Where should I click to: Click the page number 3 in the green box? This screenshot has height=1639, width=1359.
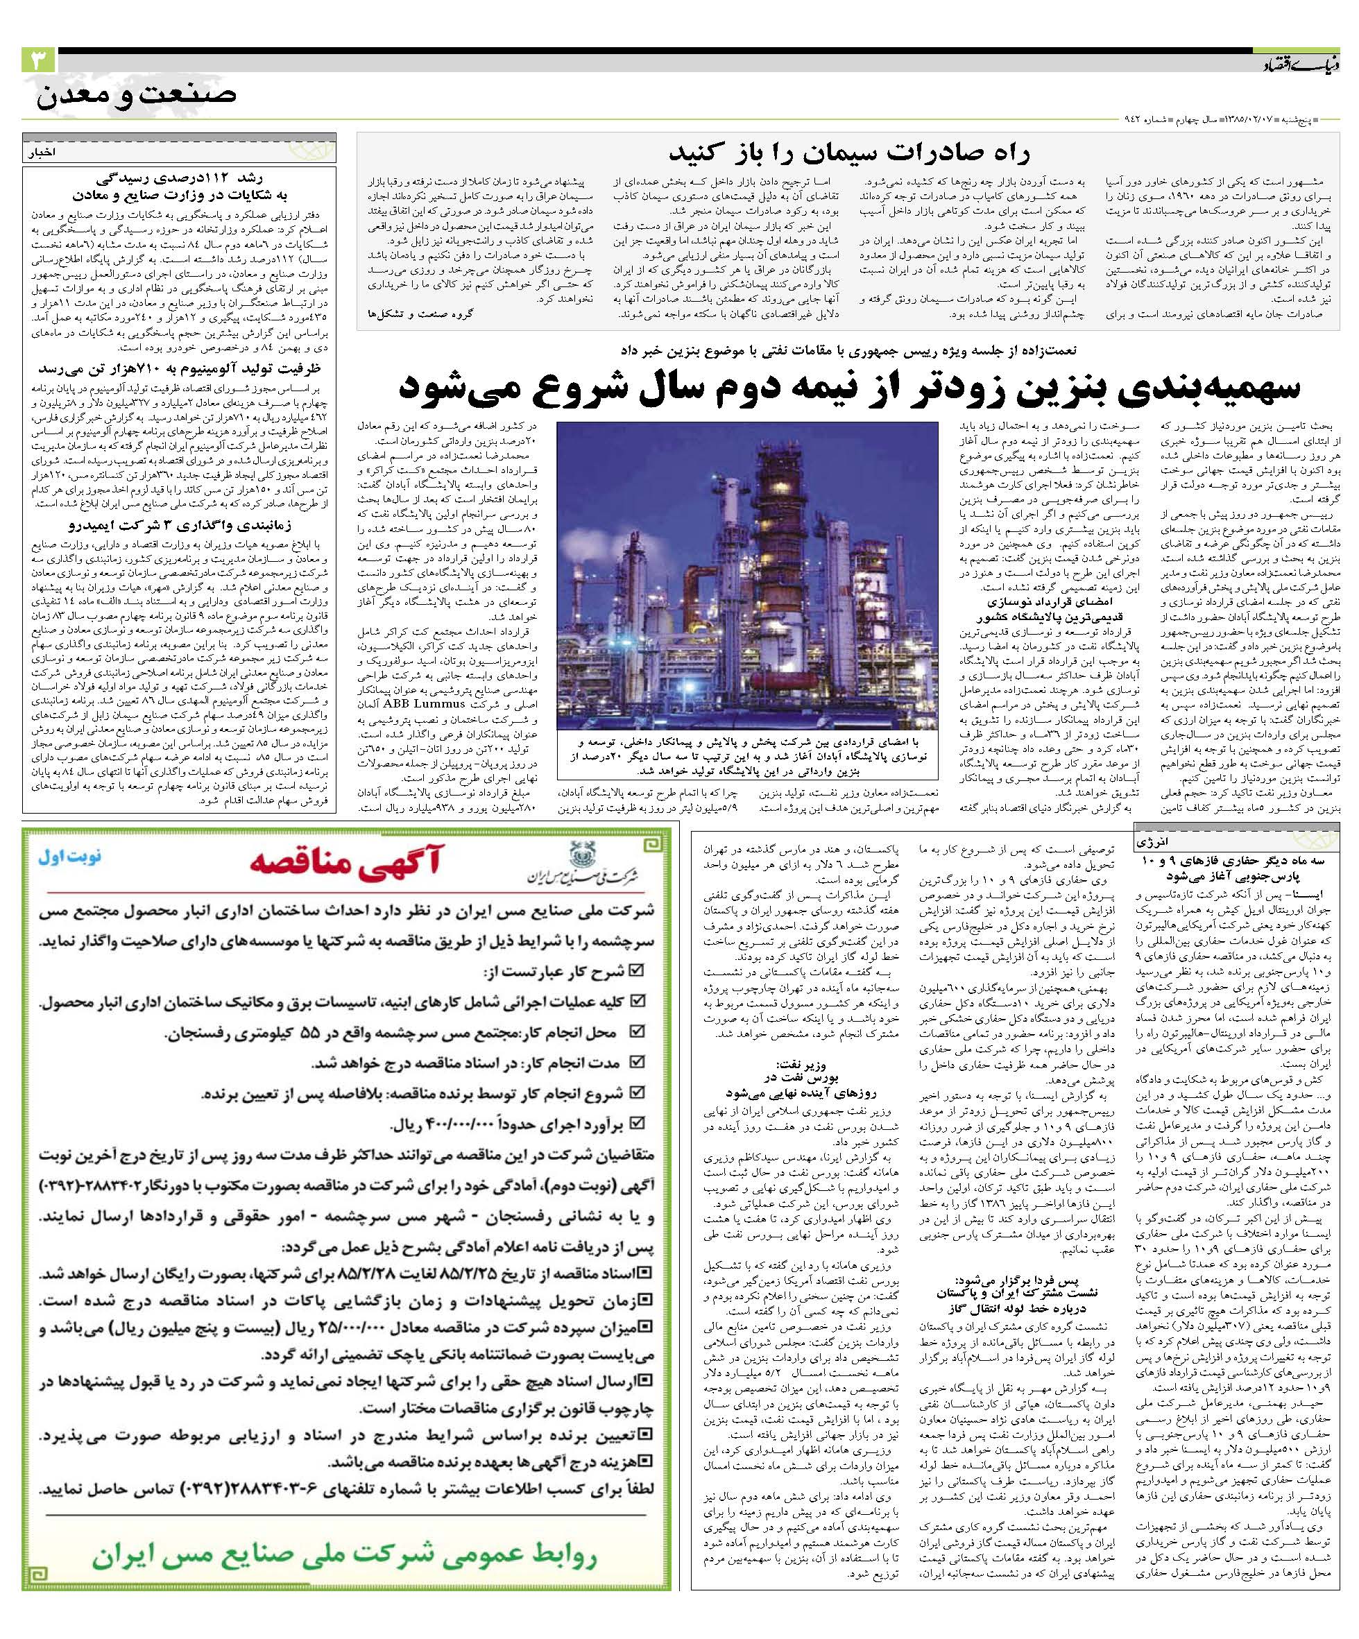pyautogui.click(x=37, y=60)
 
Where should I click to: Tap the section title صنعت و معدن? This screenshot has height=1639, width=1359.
pyautogui.click(x=135, y=97)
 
